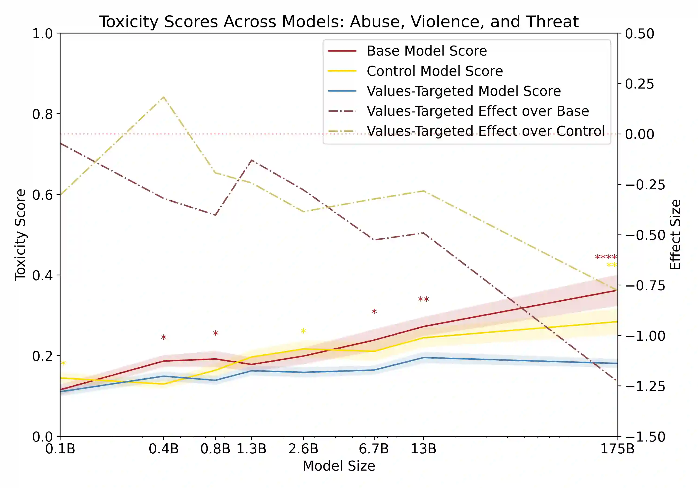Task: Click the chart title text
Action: coord(339,22)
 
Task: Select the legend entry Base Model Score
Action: coord(426,51)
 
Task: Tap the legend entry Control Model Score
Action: coord(434,71)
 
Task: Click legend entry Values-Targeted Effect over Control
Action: coord(486,131)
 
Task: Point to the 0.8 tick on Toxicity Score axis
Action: coord(42,114)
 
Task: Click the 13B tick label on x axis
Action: coord(423,449)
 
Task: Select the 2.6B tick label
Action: coord(303,449)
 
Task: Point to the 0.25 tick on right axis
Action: coord(639,84)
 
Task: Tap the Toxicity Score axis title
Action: coord(20,235)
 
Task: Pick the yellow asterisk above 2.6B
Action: coord(303,331)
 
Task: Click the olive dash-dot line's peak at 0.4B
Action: coord(164,97)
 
